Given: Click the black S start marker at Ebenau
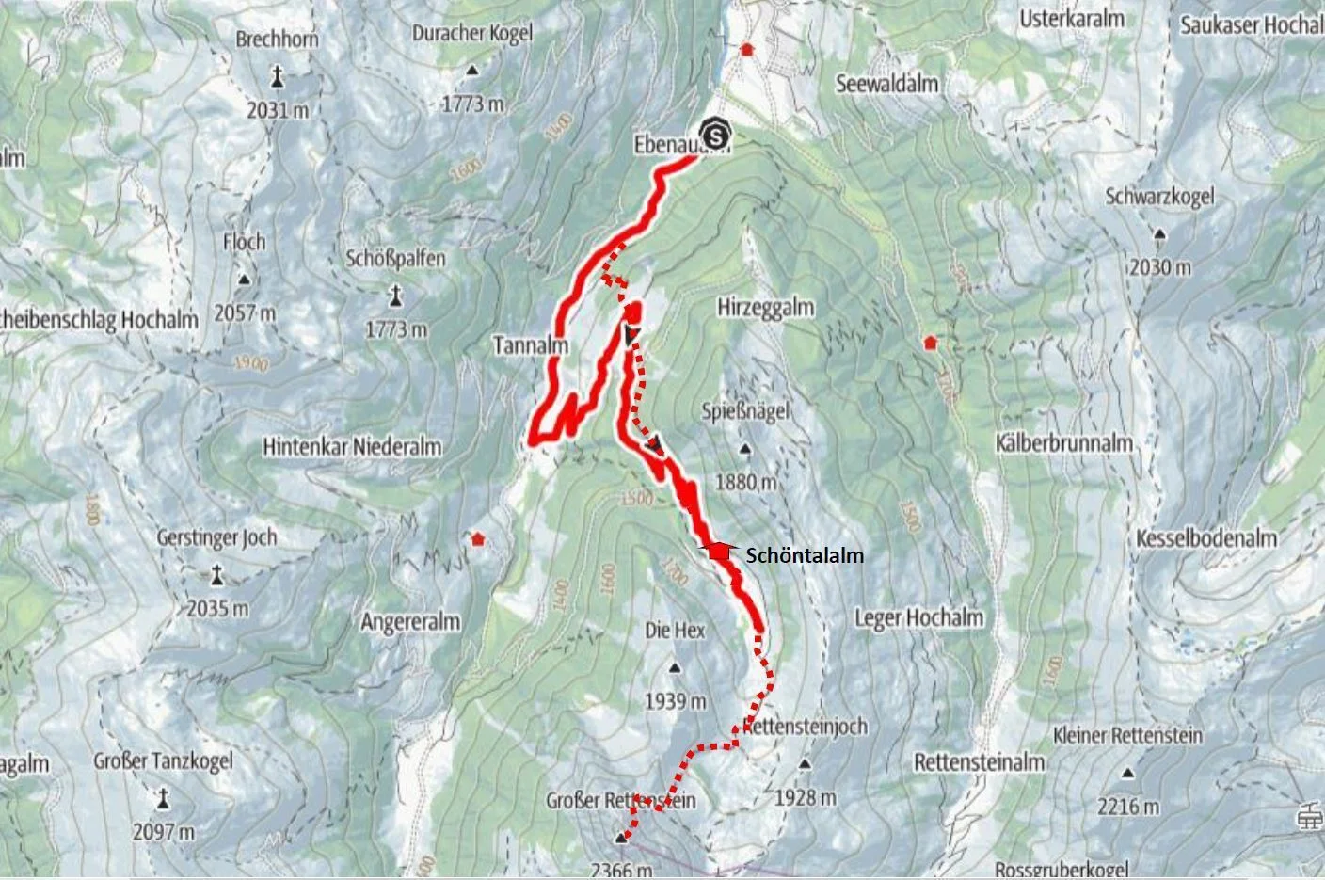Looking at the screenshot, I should (x=717, y=136).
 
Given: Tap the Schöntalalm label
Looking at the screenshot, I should (x=805, y=556).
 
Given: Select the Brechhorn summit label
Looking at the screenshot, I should (x=278, y=40).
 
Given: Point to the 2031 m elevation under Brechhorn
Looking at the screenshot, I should (x=278, y=110).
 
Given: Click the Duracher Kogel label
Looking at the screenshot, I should (x=471, y=33).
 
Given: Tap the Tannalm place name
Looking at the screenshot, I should (x=531, y=346).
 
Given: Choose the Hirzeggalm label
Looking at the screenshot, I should (x=765, y=308).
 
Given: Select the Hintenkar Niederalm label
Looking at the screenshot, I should (x=353, y=447).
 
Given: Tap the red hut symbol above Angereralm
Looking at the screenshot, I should (x=478, y=539).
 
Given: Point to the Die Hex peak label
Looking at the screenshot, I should (x=675, y=630).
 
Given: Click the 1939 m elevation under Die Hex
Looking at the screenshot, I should (x=675, y=701).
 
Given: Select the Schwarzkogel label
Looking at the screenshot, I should (x=1160, y=197).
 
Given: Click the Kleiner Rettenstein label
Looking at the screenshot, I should (x=1127, y=735).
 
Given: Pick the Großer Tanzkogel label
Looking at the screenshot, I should (x=163, y=761).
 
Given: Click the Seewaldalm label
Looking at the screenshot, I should (x=887, y=84).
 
